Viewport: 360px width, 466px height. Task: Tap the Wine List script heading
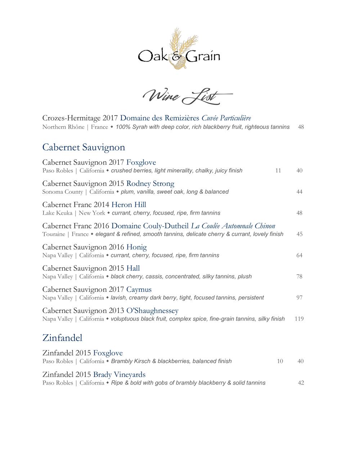click(187, 96)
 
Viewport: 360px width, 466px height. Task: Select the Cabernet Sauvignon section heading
click(84, 147)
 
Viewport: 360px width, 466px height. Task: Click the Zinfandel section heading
click(62, 338)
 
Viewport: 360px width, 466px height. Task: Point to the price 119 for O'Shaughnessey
click(299, 319)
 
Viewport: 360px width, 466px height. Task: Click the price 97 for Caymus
click(299, 298)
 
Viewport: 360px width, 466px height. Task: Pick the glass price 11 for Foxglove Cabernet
click(278, 171)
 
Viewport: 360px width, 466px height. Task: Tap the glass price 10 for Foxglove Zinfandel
click(280, 361)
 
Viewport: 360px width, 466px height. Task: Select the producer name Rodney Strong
click(150, 184)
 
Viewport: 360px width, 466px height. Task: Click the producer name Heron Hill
click(129, 205)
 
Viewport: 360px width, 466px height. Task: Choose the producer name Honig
click(136, 247)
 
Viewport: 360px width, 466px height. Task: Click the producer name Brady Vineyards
click(119, 375)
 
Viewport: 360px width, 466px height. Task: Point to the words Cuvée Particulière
click(226, 118)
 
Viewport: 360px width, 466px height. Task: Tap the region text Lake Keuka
click(57, 213)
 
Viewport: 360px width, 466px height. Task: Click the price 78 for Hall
click(299, 277)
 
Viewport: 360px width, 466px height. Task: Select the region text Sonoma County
click(62, 192)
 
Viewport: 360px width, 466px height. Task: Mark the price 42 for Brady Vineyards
click(301, 383)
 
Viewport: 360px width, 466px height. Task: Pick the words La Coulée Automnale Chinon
click(233, 226)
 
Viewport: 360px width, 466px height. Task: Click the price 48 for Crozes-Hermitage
click(301, 127)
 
